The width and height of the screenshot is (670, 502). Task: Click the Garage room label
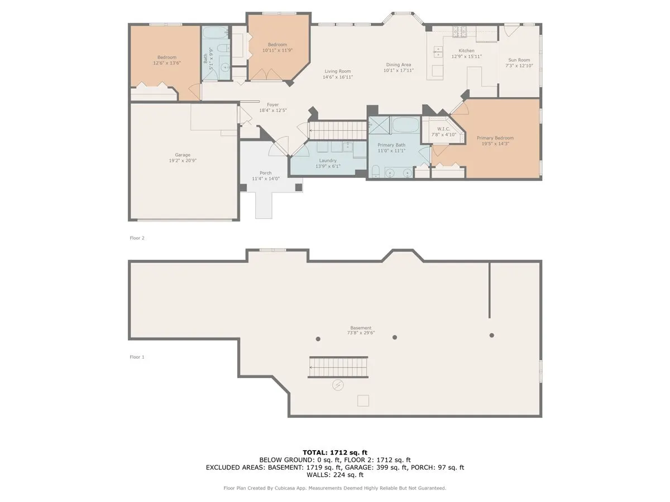point(183,155)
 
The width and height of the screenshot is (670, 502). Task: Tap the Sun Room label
point(519,60)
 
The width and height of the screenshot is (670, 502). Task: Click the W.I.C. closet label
point(443,129)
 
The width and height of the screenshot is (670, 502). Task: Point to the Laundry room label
point(328,161)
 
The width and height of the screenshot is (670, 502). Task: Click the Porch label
point(266,173)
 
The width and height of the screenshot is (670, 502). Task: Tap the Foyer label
point(272,105)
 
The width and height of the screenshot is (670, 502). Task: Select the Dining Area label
point(399,65)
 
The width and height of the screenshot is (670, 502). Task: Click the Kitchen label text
point(466,51)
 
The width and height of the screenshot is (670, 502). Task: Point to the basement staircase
point(339,368)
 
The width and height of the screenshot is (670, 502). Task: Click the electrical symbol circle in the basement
point(338,385)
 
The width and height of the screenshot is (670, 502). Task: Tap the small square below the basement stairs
point(363,400)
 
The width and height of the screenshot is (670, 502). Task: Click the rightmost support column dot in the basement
point(492,335)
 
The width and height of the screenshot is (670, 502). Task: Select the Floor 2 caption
point(137,238)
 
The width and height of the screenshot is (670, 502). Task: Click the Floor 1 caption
point(137,357)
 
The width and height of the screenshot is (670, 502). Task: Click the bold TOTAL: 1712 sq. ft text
point(335,452)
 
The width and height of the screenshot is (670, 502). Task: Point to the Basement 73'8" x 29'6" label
point(361,330)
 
